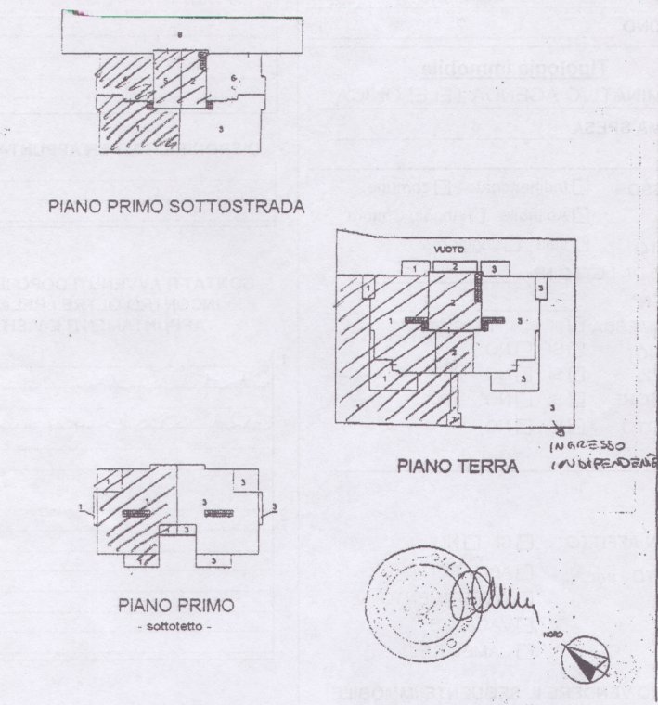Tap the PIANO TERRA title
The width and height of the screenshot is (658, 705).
click(x=456, y=467)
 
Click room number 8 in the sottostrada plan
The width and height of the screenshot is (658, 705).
click(x=180, y=33)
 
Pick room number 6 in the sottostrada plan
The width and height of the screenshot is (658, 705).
click(x=234, y=76)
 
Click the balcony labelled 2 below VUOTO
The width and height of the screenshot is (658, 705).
click(x=455, y=267)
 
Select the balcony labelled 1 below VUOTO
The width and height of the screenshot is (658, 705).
click(x=414, y=267)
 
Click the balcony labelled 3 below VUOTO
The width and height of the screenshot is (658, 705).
click(x=495, y=268)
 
